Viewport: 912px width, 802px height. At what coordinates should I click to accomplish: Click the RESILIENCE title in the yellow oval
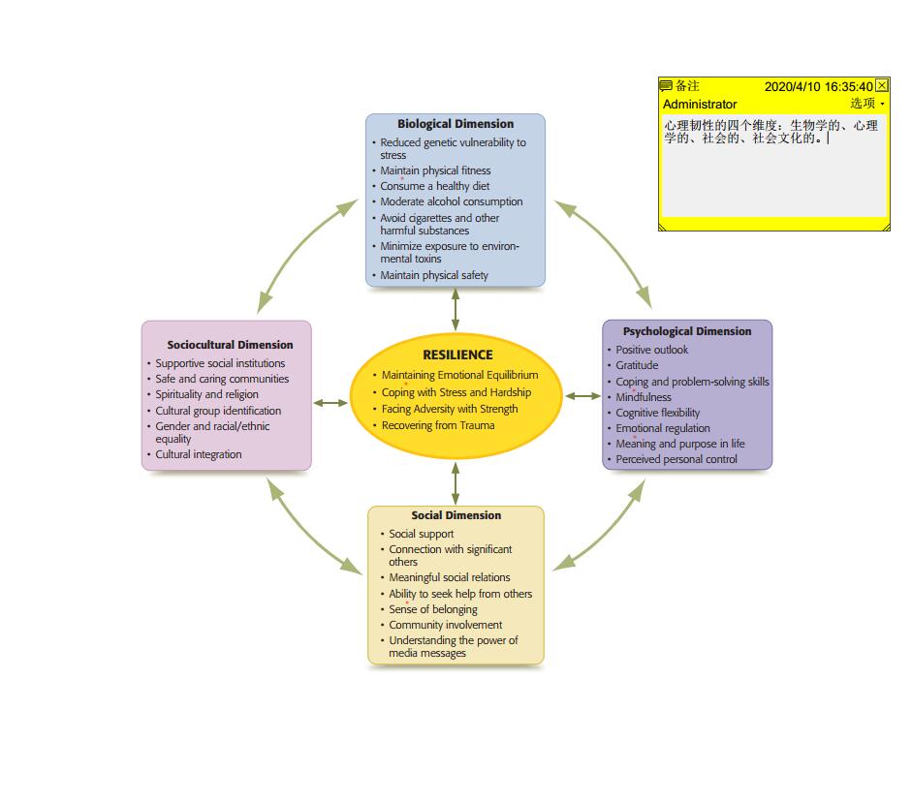(x=457, y=355)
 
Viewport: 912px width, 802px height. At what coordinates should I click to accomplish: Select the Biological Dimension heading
(x=456, y=124)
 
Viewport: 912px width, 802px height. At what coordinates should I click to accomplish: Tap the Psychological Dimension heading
(x=687, y=331)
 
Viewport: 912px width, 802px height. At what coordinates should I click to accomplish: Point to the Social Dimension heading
(x=456, y=515)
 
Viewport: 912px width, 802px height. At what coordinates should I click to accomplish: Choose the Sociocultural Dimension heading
(x=230, y=345)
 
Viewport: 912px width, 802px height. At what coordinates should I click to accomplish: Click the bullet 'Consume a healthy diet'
(x=435, y=186)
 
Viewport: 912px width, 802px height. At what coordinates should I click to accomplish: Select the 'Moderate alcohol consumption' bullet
(x=451, y=201)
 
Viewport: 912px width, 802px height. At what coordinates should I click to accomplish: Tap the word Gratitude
(x=637, y=365)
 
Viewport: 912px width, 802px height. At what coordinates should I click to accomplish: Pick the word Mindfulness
(x=644, y=397)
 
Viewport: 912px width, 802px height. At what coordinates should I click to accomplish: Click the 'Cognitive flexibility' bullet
(x=657, y=413)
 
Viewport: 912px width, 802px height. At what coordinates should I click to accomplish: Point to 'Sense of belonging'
(x=433, y=609)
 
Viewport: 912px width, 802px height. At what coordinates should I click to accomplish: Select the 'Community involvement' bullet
(x=445, y=625)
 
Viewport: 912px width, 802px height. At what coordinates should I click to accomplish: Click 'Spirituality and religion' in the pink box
(x=207, y=394)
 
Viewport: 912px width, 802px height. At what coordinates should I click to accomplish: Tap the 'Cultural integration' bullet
(x=199, y=454)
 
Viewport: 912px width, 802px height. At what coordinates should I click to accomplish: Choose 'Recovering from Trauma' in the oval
(x=438, y=425)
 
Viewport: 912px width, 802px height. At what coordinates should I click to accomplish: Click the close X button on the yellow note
(x=881, y=85)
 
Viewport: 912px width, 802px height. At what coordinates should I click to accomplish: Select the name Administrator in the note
(x=700, y=105)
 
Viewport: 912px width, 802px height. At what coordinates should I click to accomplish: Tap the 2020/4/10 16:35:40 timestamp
(x=818, y=86)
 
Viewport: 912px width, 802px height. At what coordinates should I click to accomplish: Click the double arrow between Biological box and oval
(x=456, y=310)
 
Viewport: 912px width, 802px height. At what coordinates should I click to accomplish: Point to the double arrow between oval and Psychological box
(x=582, y=395)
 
